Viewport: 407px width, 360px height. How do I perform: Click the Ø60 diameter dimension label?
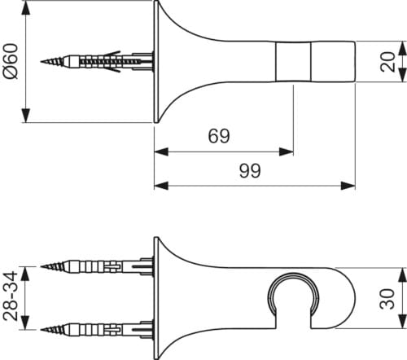pyautogui.click(x=11, y=61)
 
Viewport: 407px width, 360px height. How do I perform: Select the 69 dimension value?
pyautogui.click(x=219, y=136)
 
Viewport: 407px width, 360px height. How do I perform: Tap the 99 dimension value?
pyautogui.click(x=250, y=170)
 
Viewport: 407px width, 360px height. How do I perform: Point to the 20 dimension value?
pyautogui.click(x=387, y=62)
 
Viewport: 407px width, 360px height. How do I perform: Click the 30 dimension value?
pyautogui.click(x=387, y=299)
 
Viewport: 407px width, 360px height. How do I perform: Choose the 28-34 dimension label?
pyautogui.click(x=11, y=296)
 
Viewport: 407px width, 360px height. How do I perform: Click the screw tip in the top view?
pyautogui.click(x=42, y=62)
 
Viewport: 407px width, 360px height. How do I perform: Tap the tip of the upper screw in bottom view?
pyautogui.click(x=42, y=266)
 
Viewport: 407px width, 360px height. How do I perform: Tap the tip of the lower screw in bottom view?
pyautogui.click(x=42, y=330)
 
